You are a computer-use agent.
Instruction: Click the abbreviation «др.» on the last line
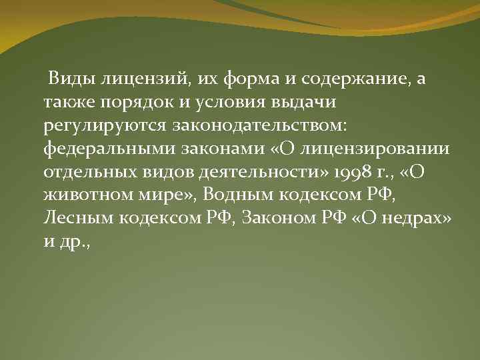coord(71,241)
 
